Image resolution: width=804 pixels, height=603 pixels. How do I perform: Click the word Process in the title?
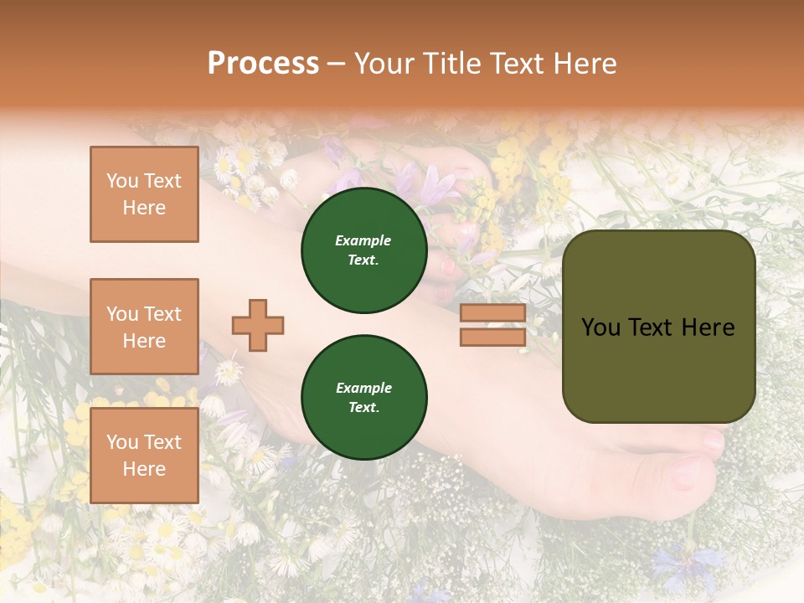click(263, 64)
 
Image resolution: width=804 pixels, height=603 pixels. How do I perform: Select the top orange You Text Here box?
click(144, 194)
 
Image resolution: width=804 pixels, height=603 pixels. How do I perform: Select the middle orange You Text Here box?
click(144, 327)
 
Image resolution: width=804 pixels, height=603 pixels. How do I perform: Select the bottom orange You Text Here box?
click(144, 456)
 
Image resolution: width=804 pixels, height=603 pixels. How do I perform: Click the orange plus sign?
click(258, 325)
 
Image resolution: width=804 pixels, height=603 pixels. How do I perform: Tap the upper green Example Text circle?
click(363, 250)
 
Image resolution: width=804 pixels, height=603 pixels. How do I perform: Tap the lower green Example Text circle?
click(363, 398)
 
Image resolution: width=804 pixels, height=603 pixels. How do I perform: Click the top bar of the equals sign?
click(492, 313)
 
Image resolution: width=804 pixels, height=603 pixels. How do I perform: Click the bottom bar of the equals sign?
click(492, 337)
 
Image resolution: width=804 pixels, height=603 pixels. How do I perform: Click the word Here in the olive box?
click(709, 327)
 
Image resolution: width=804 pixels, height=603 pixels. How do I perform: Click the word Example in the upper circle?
click(363, 240)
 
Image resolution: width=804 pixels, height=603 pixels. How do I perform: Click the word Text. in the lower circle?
click(363, 408)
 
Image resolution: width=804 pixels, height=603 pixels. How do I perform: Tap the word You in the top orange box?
click(122, 181)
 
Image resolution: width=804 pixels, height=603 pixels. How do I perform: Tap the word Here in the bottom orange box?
click(144, 469)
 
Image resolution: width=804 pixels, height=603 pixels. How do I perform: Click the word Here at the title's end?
click(584, 64)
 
